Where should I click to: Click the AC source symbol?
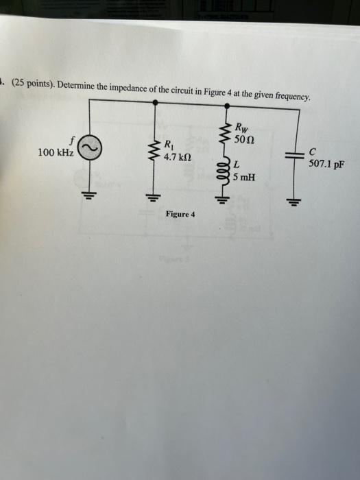[89, 148]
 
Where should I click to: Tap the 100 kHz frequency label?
[56, 152]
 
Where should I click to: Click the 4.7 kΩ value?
[178, 157]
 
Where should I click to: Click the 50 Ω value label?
[244, 139]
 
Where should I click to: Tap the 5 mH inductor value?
[244, 177]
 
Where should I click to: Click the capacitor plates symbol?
[294, 155]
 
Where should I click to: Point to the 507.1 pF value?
[326, 164]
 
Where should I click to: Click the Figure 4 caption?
[180, 214]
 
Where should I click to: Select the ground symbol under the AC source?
[89, 195]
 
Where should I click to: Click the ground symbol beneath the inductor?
[225, 200]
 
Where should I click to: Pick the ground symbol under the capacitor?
[293, 202]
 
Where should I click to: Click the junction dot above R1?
[156, 102]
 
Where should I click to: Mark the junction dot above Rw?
[227, 106]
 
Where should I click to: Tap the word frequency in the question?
[293, 96]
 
